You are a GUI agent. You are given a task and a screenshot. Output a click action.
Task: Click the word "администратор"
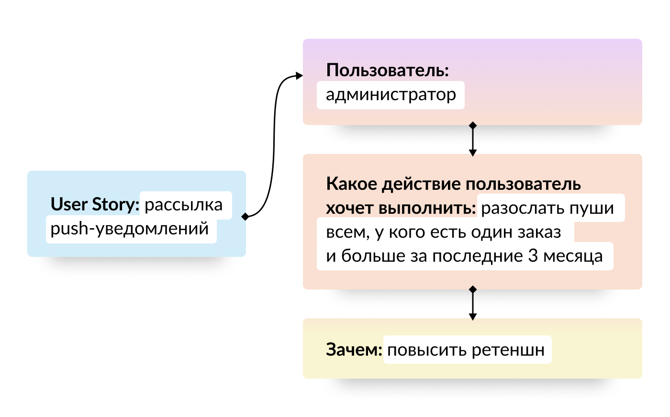pyautogui.click(x=391, y=95)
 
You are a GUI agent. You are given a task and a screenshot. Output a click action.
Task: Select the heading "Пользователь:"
pyautogui.click(x=387, y=70)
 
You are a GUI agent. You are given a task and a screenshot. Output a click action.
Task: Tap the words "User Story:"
pyautogui.click(x=95, y=205)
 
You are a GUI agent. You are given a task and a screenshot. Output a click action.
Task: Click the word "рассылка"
pyautogui.click(x=183, y=205)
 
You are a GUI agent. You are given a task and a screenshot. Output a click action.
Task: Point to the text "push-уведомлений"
pyautogui.click(x=130, y=229)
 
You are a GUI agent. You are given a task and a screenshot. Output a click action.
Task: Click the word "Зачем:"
pyautogui.click(x=354, y=350)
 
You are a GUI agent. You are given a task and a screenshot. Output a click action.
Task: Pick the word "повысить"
pyautogui.click(x=427, y=350)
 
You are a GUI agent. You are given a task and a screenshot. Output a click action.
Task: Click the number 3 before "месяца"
pyautogui.click(x=533, y=256)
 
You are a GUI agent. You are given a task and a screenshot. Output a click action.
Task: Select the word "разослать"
pyautogui.click(x=517, y=208)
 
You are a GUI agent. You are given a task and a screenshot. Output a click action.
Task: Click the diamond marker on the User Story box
pyautogui.click(x=246, y=216)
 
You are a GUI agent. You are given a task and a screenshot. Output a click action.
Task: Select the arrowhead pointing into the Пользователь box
pyautogui.click(x=300, y=76)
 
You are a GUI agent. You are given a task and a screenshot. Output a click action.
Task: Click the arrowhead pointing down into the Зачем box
pyautogui.click(x=473, y=316)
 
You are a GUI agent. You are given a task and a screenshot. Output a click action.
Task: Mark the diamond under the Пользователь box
pyautogui.click(x=473, y=126)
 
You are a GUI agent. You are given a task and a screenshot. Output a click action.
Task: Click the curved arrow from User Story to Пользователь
pyautogui.click(x=274, y=144)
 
